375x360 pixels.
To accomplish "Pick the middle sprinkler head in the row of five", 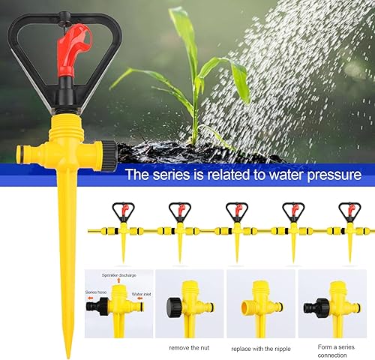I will click(236, 211).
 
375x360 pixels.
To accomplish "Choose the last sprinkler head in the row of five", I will click(349, 211).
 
